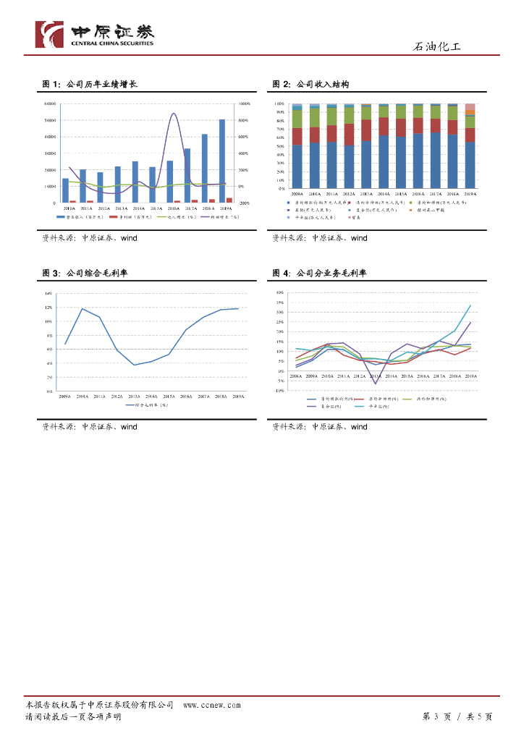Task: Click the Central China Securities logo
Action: (x=95, y=34)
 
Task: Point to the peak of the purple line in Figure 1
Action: (x=173, y=113)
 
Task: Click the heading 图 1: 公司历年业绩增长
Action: (x=90, y=85)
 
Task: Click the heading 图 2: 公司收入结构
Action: (x=310, y=85)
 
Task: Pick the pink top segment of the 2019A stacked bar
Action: (x=470, y=106)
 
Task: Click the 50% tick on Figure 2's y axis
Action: (x=280, y=146)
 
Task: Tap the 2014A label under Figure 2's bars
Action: (x=384, y=194)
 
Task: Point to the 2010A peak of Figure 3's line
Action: (x=82, y=309)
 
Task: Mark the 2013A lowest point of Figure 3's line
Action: (x=135, y=365)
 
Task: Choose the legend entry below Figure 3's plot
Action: (x=151, y=406)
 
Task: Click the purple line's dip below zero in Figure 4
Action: (x=376, y=383)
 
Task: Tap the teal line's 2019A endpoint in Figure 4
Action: (x=470, y=305)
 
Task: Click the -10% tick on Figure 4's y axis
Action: (x=279, y=391)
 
